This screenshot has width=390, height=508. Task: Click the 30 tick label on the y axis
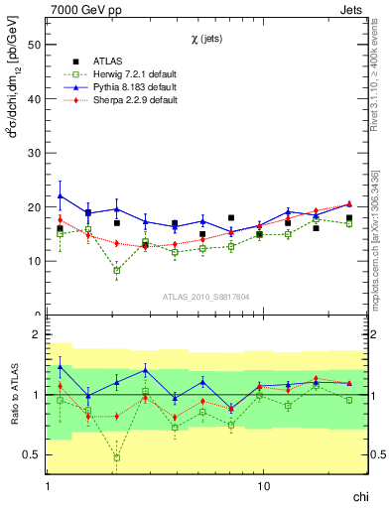[x=33, y=153]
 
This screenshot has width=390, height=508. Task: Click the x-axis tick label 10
[x=263, y=487]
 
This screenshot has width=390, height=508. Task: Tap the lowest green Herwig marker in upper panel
[x=117, y=270]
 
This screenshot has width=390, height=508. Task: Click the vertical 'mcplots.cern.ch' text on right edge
[x=374, y=247]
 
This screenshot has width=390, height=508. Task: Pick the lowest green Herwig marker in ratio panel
[x=117, y=457]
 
